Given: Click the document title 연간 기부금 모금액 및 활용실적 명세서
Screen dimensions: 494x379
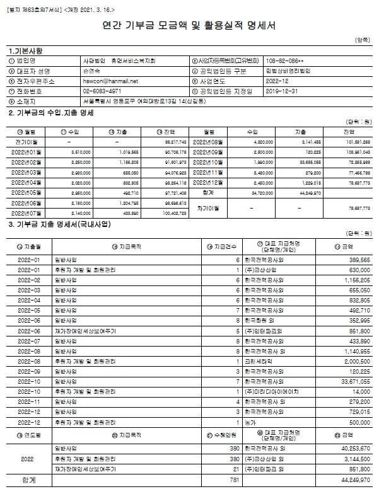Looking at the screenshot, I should coord(189,26).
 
